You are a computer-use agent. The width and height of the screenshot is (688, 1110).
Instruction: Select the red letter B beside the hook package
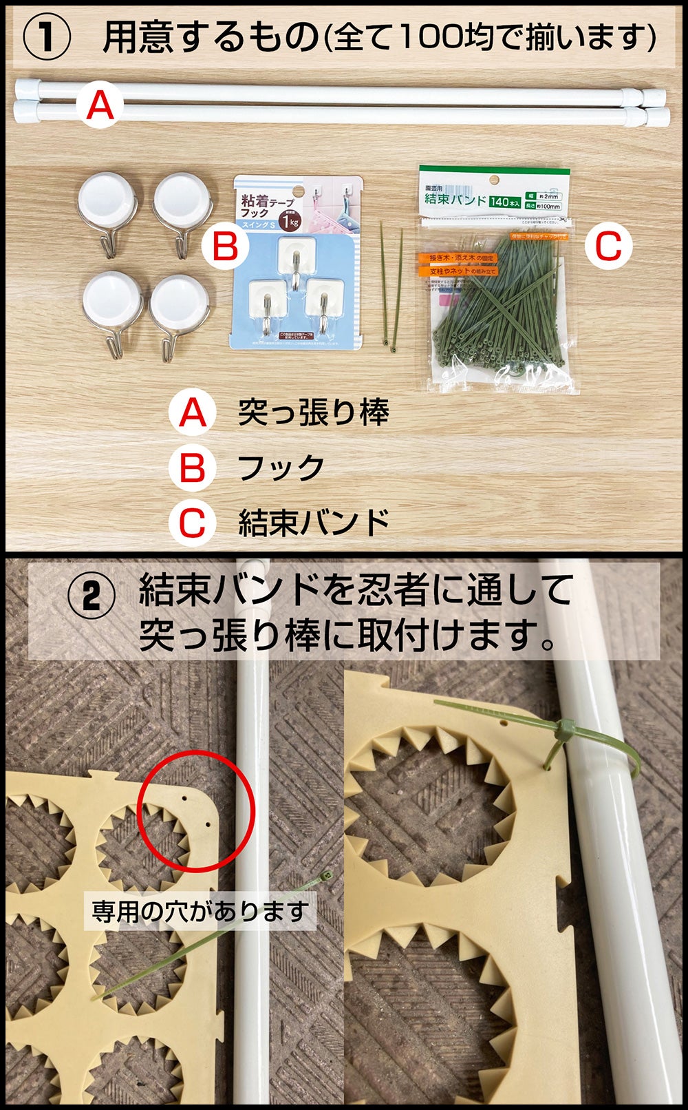[225, 245]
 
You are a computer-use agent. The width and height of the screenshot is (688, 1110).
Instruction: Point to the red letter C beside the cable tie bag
[608, 246]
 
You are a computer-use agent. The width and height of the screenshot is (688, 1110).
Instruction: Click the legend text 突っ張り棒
[313, 412]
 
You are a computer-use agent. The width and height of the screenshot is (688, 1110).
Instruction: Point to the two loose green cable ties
[390, 289]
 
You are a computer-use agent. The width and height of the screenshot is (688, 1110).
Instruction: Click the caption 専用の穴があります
[200, 912]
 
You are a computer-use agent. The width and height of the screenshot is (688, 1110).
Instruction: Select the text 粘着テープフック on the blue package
[265, 205]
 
